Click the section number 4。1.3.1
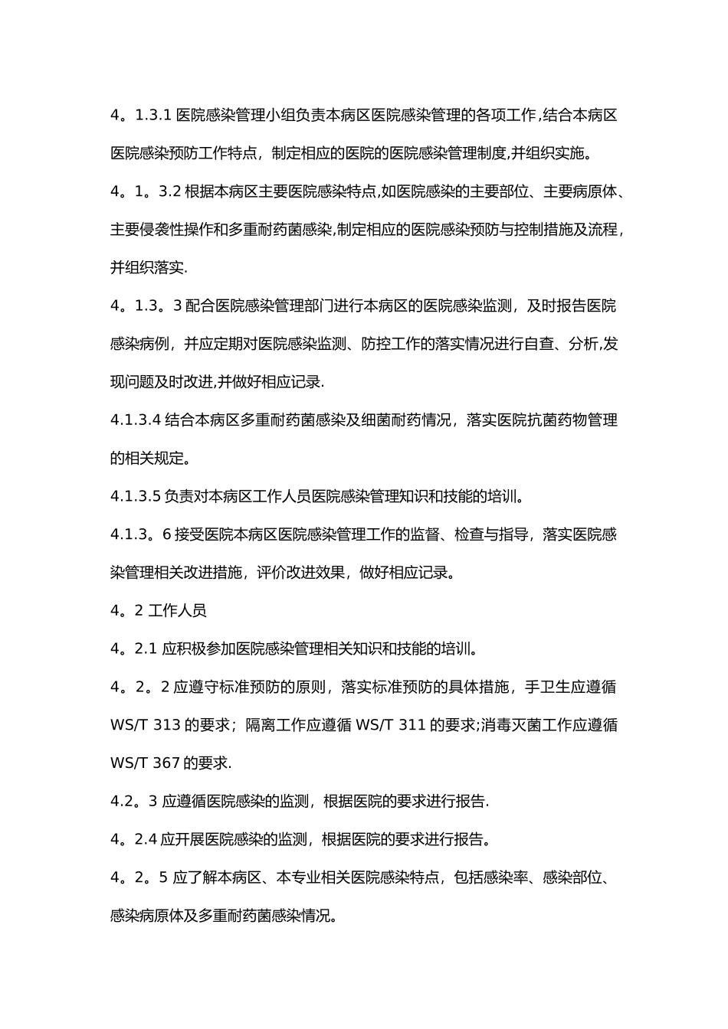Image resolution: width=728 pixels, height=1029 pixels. (141, 116)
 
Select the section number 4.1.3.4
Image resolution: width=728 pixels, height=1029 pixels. (136, 420)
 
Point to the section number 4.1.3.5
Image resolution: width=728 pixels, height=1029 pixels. (136, 496)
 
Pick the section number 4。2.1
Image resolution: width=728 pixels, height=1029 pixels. (134, 649)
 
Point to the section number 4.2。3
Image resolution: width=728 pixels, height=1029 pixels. (134, 802)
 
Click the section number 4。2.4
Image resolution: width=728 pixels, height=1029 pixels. (134, 840)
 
